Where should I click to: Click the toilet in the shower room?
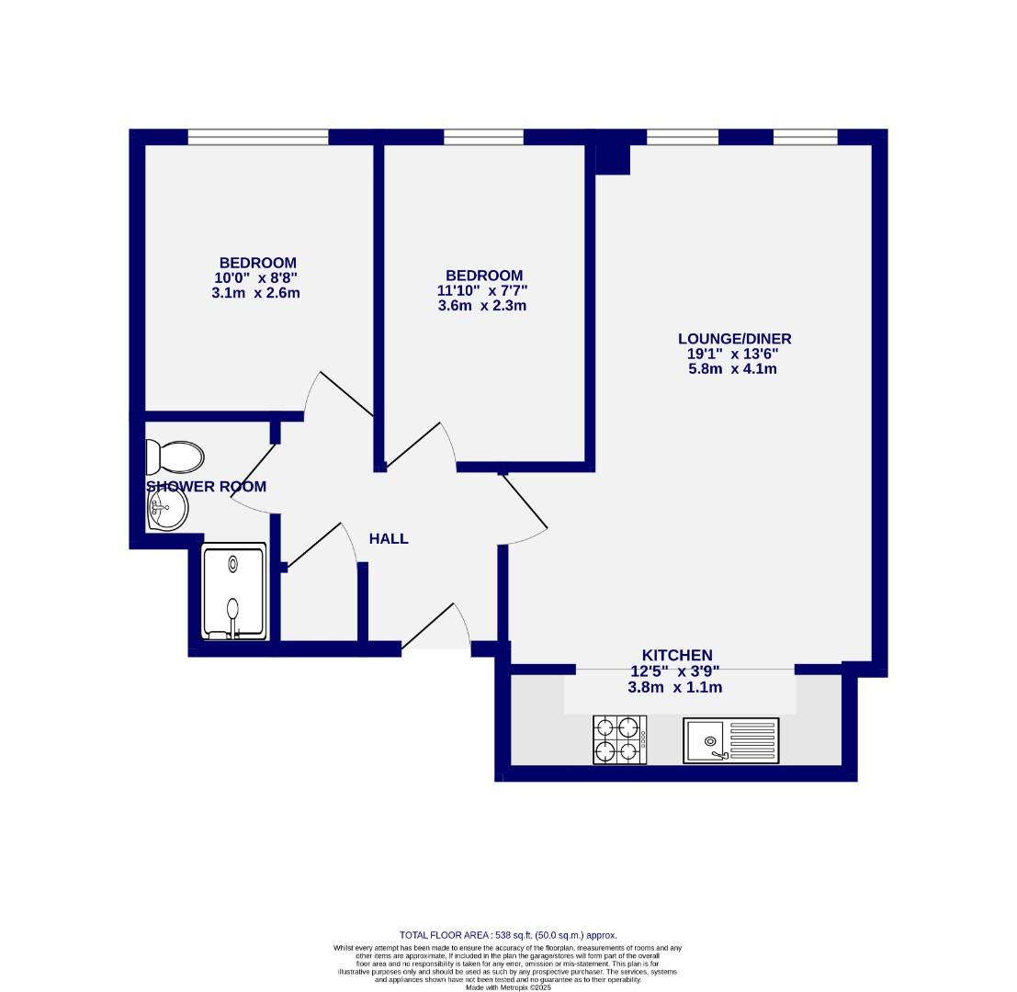tap(175, 457)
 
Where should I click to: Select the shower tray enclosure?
tap(234, 592)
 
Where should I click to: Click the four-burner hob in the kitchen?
tap(619, 739)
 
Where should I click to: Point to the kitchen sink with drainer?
tap(730, 740)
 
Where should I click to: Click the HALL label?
tap(389, 539)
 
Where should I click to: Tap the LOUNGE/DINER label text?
tap(734, 339)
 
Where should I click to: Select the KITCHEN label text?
tap(677, 655)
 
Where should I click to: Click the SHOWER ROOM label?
tap(207, 487)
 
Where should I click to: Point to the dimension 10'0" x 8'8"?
tap(257, 278)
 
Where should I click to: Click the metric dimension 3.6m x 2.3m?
tap(482, 306)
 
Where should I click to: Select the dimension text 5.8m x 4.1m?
tap(733, 369)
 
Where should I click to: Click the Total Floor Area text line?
tap(508, 935)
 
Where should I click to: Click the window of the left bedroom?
tap(258, 137)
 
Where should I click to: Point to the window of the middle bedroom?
tap(483, 137)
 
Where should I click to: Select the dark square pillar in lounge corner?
tap(613, 159)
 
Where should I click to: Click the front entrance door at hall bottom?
tap(436, 628)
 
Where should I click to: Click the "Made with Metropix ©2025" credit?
tap(508, 987)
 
